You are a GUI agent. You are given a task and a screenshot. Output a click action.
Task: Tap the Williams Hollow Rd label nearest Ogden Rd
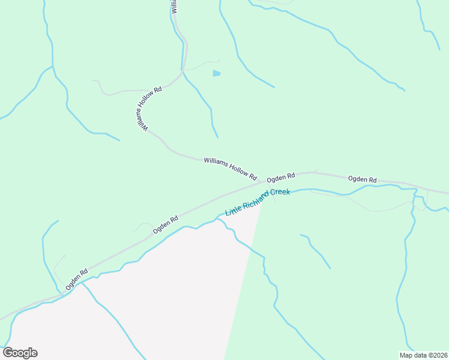(x=230, y=169)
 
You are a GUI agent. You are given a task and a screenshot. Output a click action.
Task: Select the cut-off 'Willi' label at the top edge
(x=174, y=7)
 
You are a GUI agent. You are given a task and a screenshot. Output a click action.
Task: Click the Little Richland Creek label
(x=257, y=202)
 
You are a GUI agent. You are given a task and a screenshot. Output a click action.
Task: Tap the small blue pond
(x=216, y=73)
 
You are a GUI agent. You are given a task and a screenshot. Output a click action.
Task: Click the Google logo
(x=20, y=353)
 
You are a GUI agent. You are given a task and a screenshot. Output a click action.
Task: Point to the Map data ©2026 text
(x=423, y=355)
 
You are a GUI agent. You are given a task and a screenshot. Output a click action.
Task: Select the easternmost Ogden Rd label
(x=362, y=179)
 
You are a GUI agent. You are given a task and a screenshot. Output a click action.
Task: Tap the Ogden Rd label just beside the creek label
(x=281, y=177)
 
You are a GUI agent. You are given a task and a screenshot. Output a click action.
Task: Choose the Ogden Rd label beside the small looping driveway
(x=166, y=224)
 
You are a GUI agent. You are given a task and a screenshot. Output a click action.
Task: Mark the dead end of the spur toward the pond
(x=219, y=60)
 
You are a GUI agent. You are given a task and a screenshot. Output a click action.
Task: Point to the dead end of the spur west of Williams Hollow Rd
(x=93, y=80)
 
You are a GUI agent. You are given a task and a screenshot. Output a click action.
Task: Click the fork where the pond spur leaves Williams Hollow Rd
(x=182, y=71)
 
